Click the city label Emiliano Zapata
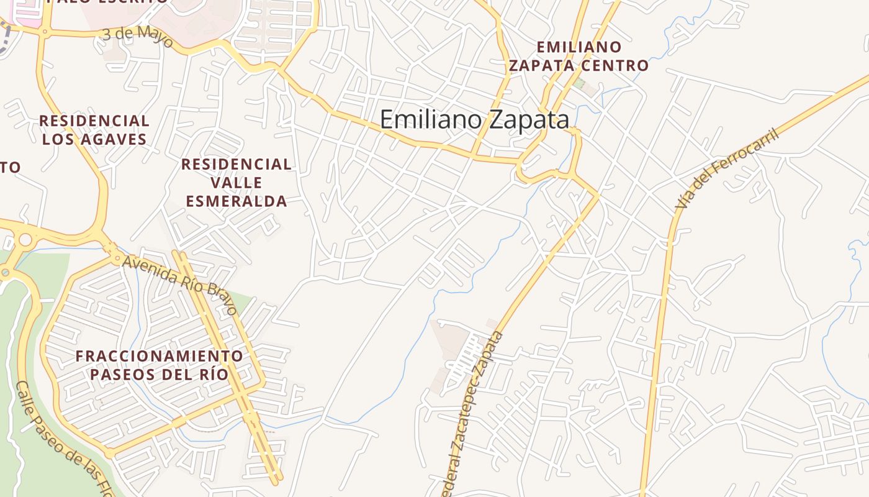pyautogui.click(x=474, y=119)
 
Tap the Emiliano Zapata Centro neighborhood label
pyautogui.click(x=579, y=57)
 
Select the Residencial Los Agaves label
pyautogui.click(x=94, y=130)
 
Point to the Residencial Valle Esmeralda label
pyautogui.click(x=236, y=183)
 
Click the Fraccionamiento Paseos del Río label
pyautogui.click(x=160, y=365)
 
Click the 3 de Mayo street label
pyautogui.click(x=137, y=35)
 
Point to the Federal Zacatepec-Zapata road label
pyautogui.click(x=474, y=413)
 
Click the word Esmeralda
pyautogui.click(x=236, y=201)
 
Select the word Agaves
pyautogui.click(x=113, y=139)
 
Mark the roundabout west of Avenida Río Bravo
pyautogui.click(x=25, y=239)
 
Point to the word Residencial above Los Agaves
pyautogui.click(x=94, y=121)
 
